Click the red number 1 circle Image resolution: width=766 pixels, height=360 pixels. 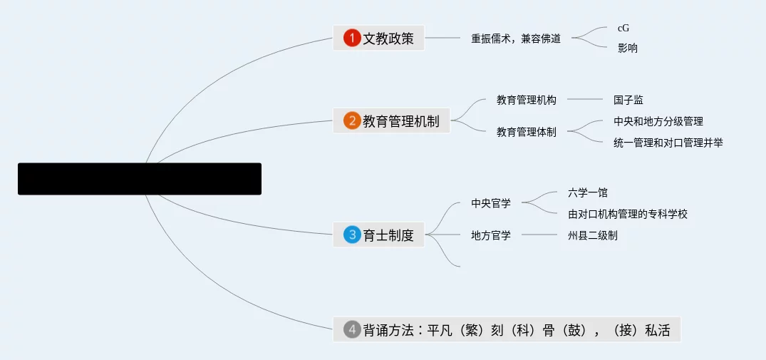351,38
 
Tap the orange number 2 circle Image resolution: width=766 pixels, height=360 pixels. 351,120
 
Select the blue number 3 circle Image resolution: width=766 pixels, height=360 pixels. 351,235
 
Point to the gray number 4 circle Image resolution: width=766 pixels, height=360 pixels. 351,329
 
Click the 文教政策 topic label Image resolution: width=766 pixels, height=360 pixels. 388,38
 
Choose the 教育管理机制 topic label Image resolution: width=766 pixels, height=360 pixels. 401,121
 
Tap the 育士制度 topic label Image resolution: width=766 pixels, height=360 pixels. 388,235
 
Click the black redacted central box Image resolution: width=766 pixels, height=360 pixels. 140,179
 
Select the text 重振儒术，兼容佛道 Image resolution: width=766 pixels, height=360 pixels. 516,38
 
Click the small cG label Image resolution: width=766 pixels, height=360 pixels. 623,29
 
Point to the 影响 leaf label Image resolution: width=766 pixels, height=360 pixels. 628,48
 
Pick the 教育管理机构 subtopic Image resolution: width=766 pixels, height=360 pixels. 527,100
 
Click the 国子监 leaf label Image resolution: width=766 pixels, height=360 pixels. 628,100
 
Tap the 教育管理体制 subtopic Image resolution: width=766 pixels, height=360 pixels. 527,132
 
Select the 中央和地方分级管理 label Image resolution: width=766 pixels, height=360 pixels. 658,122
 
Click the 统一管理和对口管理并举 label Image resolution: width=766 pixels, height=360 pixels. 668,143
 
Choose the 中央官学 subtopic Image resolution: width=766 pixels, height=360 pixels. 491,203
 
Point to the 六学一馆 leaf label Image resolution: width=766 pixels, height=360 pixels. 588,192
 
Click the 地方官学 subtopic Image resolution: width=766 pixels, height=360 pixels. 491,235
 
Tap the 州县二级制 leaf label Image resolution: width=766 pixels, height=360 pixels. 593,235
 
